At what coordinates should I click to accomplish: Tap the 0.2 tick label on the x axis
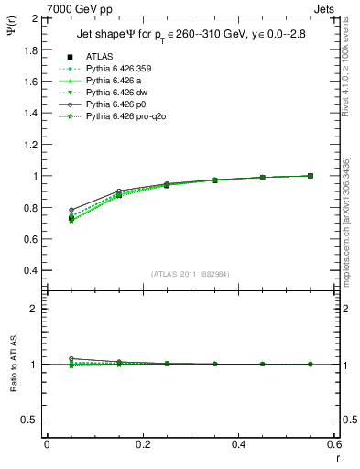pos(143,443)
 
